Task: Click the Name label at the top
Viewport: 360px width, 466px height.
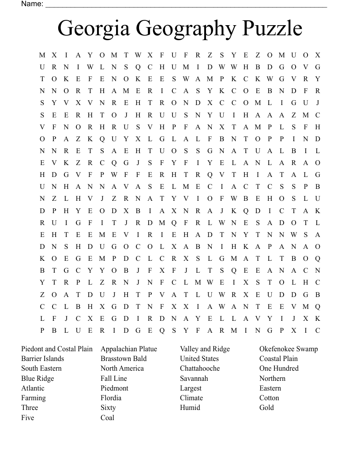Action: (x=32, y=4)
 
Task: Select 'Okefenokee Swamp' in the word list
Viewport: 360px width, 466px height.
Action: (x=289, y=349)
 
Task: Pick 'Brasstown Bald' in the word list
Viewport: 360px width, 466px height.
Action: (x=124, y=359)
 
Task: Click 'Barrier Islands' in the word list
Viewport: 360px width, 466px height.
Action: (x=42, y=359)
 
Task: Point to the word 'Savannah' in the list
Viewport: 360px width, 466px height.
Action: (x=194, y=379)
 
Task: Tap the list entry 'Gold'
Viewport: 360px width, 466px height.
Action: (x=266, y=408)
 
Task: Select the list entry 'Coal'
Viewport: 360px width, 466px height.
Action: (x=107, y=418)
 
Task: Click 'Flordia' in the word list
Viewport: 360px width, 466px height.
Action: (x=111, y=398)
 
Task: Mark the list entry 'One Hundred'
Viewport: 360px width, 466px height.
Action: (x=279, y=368)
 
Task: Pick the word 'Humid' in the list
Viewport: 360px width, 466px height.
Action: (x=190, y=408)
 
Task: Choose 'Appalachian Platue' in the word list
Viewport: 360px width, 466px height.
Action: (x=129, y=349)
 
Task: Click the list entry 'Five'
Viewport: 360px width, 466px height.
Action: (x=27, y=418)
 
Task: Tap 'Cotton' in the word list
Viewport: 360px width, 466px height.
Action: (x=269, y=398)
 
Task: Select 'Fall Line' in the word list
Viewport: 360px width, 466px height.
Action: (x=114, y=379)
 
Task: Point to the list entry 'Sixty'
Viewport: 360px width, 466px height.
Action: (x=108, y=408)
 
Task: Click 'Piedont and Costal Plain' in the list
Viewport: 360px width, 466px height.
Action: (x=57, y=349)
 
